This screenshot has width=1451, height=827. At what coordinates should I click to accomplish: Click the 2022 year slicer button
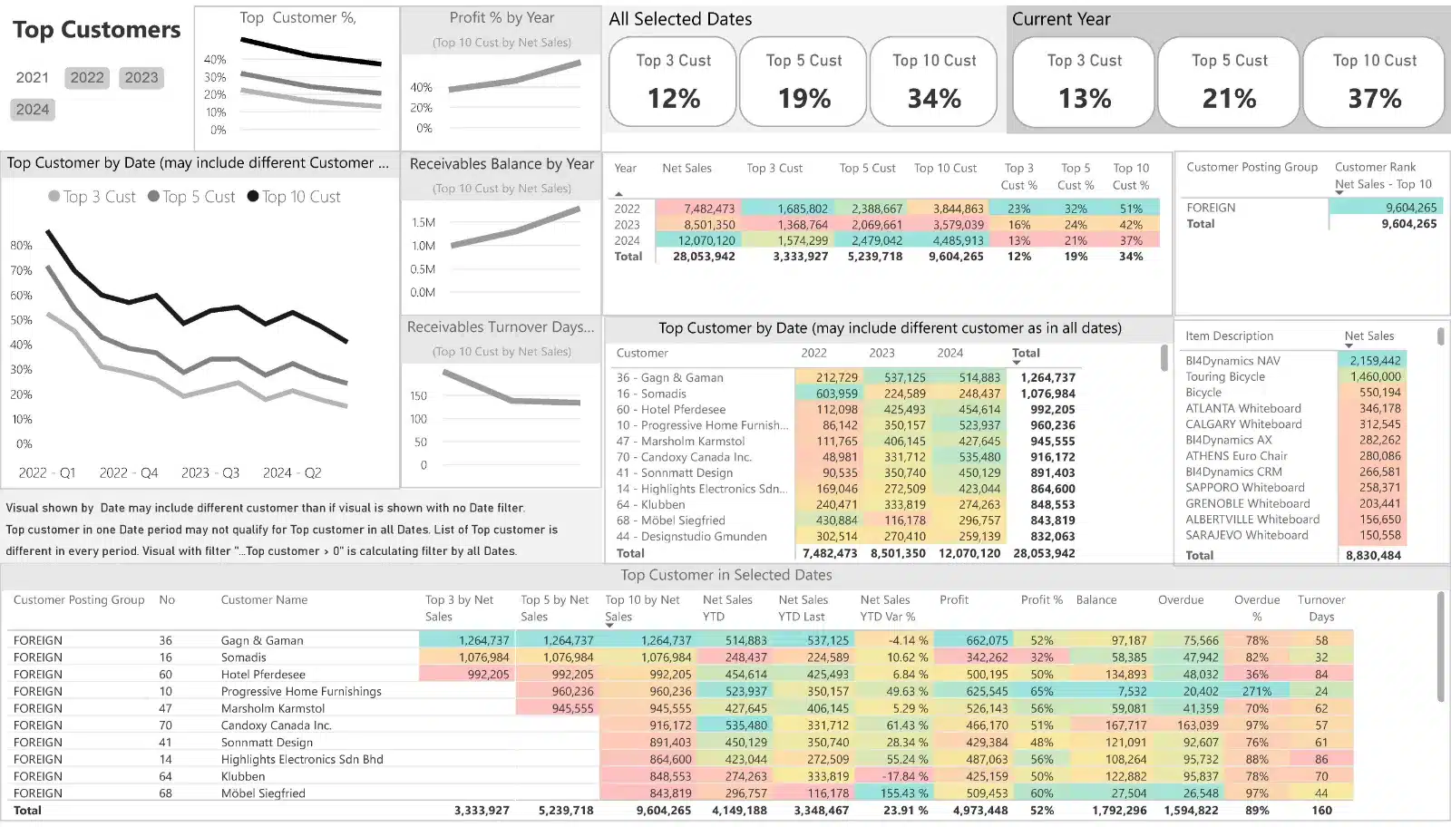pyautogui.click(x=87, y=78)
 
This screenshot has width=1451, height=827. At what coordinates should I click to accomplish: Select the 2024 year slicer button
pyautogui.click(x=33, y=110)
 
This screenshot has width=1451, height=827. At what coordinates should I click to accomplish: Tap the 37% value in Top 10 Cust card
pyautogui.click(x=1374, y=98)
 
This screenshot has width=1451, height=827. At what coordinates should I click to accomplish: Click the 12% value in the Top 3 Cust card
pyautogui.click(x=673, y=98)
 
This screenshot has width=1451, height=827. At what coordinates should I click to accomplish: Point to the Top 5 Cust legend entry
pyautogui.click(x=191, y=197)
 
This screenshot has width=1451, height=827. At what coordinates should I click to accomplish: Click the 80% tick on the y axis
pyautogui.click(x=21, y=246)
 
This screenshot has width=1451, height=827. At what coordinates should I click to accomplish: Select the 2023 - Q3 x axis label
pyautogui.click(x=210, y=473)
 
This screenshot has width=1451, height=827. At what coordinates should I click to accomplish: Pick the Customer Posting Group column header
pyautogui.click(x=1251, y=168)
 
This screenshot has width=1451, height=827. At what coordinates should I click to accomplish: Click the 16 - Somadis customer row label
pyautogui.click(x=651, y=394)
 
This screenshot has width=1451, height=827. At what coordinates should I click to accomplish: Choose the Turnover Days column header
pyautogui.click(x=1321, y=608)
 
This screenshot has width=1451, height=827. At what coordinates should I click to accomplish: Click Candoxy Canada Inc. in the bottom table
pyautogui.click(x=276, y=725)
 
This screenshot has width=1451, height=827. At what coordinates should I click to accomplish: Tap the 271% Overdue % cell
pyautogui.click(x=1256, y=692)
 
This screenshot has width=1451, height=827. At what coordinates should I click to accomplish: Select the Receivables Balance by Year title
pyautogui.click(x=502, y=164)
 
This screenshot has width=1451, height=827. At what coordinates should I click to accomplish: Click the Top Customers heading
pyautogui.click(x=96, y=30)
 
